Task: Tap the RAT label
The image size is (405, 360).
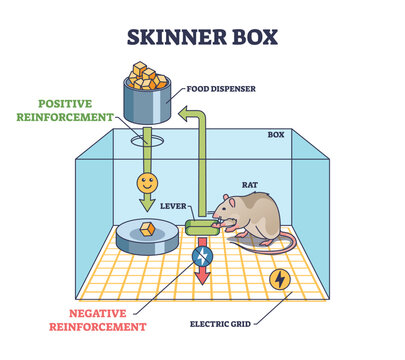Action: (x=250, y=184)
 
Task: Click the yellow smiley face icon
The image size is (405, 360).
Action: (x=148, y=186)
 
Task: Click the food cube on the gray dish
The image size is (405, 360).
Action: (x=149, y=229)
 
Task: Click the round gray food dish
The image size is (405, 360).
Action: (x=147, y=237)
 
